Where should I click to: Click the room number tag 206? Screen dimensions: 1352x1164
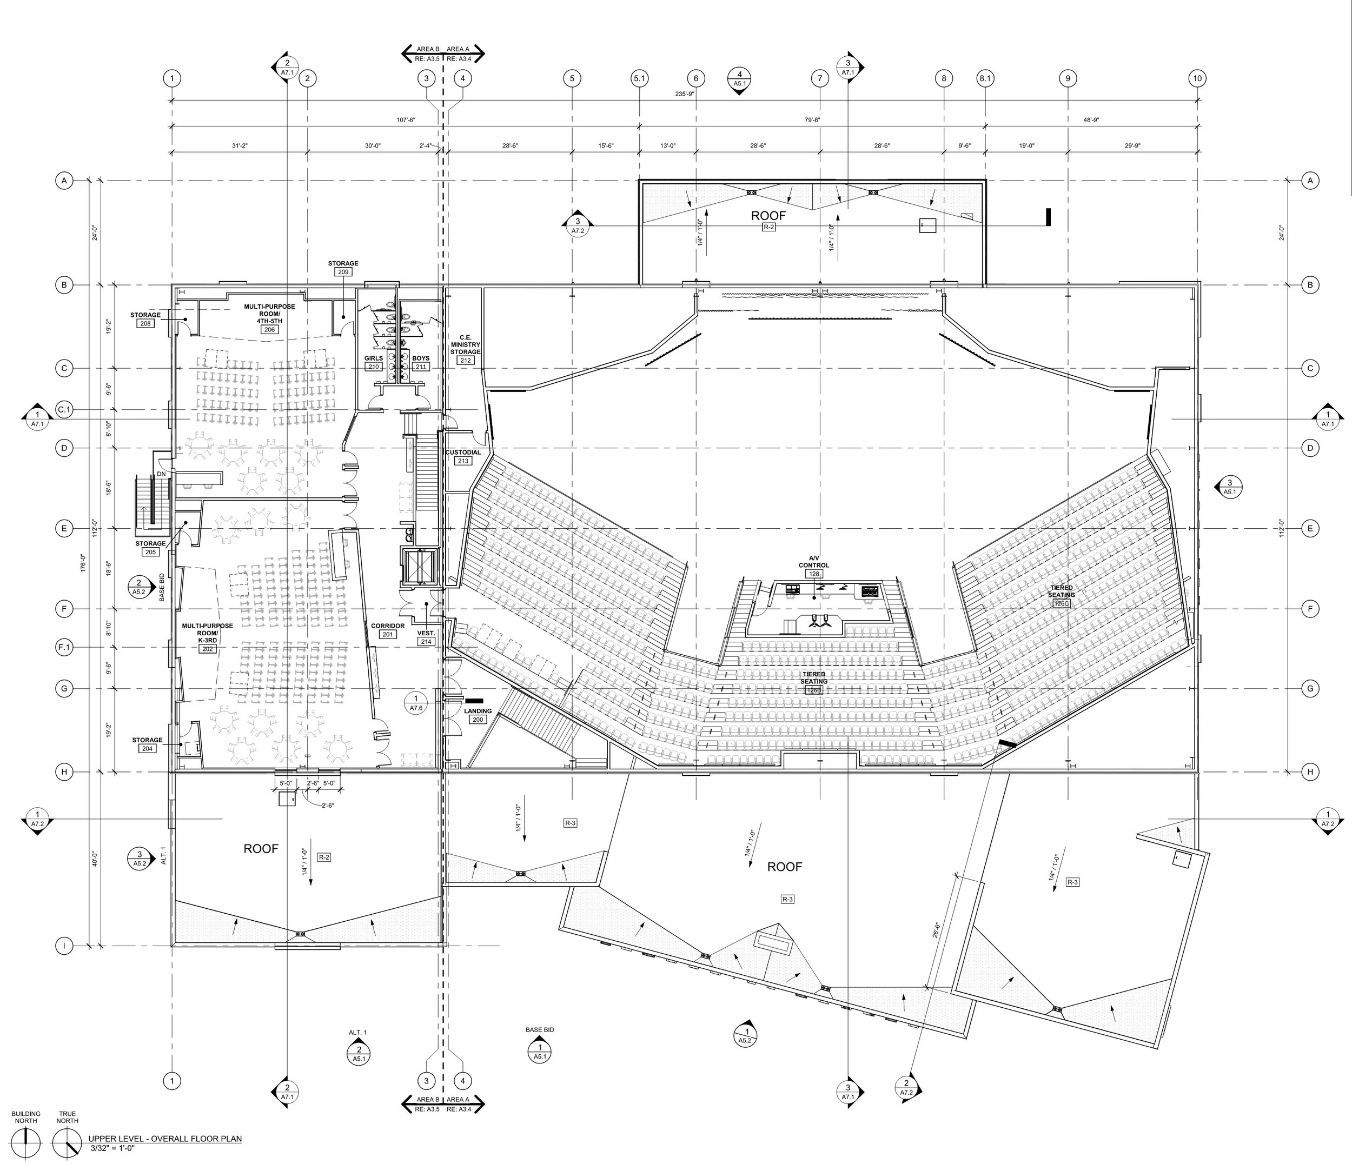[269, 329]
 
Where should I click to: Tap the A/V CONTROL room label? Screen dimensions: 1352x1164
[814, 562]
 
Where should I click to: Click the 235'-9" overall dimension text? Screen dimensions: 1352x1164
[685, 94]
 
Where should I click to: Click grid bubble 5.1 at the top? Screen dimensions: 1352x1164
[639, 78]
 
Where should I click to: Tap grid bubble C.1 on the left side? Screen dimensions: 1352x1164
[64, 410]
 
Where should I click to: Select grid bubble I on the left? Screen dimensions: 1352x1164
[64, 946]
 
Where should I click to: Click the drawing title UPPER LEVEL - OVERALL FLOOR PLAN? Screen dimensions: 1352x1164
[165, 1139]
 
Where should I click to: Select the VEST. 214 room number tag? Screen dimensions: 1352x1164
[426, 641]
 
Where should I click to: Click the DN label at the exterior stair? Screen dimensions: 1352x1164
[161, 474]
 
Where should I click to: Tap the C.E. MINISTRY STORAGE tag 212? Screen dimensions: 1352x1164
[465, 360]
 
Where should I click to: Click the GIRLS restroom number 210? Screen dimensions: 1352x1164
[373, 367]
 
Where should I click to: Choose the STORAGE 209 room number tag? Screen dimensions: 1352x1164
[343, 271]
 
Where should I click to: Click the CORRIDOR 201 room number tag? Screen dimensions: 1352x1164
[388, 634]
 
